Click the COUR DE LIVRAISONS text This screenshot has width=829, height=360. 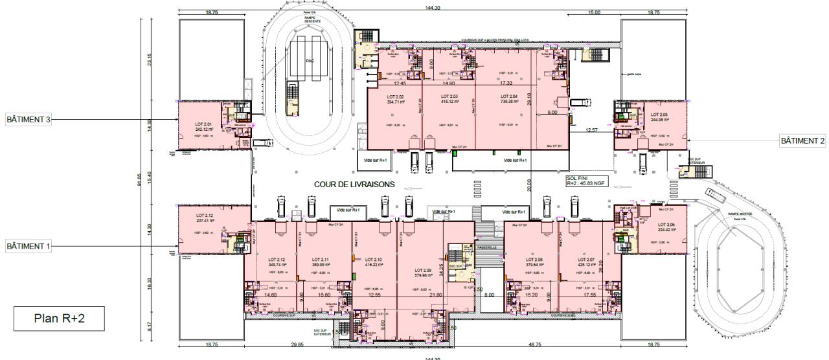[x=354, y=185]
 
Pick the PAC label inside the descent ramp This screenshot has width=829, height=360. [x=310, y=61]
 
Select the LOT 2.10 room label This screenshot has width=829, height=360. [x=374, y=262]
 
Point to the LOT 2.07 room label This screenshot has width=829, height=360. [x=585, y=262]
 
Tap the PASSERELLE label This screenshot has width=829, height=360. [x=486, y=247]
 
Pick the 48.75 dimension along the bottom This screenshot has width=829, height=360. [x=535, y=345]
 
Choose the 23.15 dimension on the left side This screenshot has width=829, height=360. [x=149, y=59]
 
